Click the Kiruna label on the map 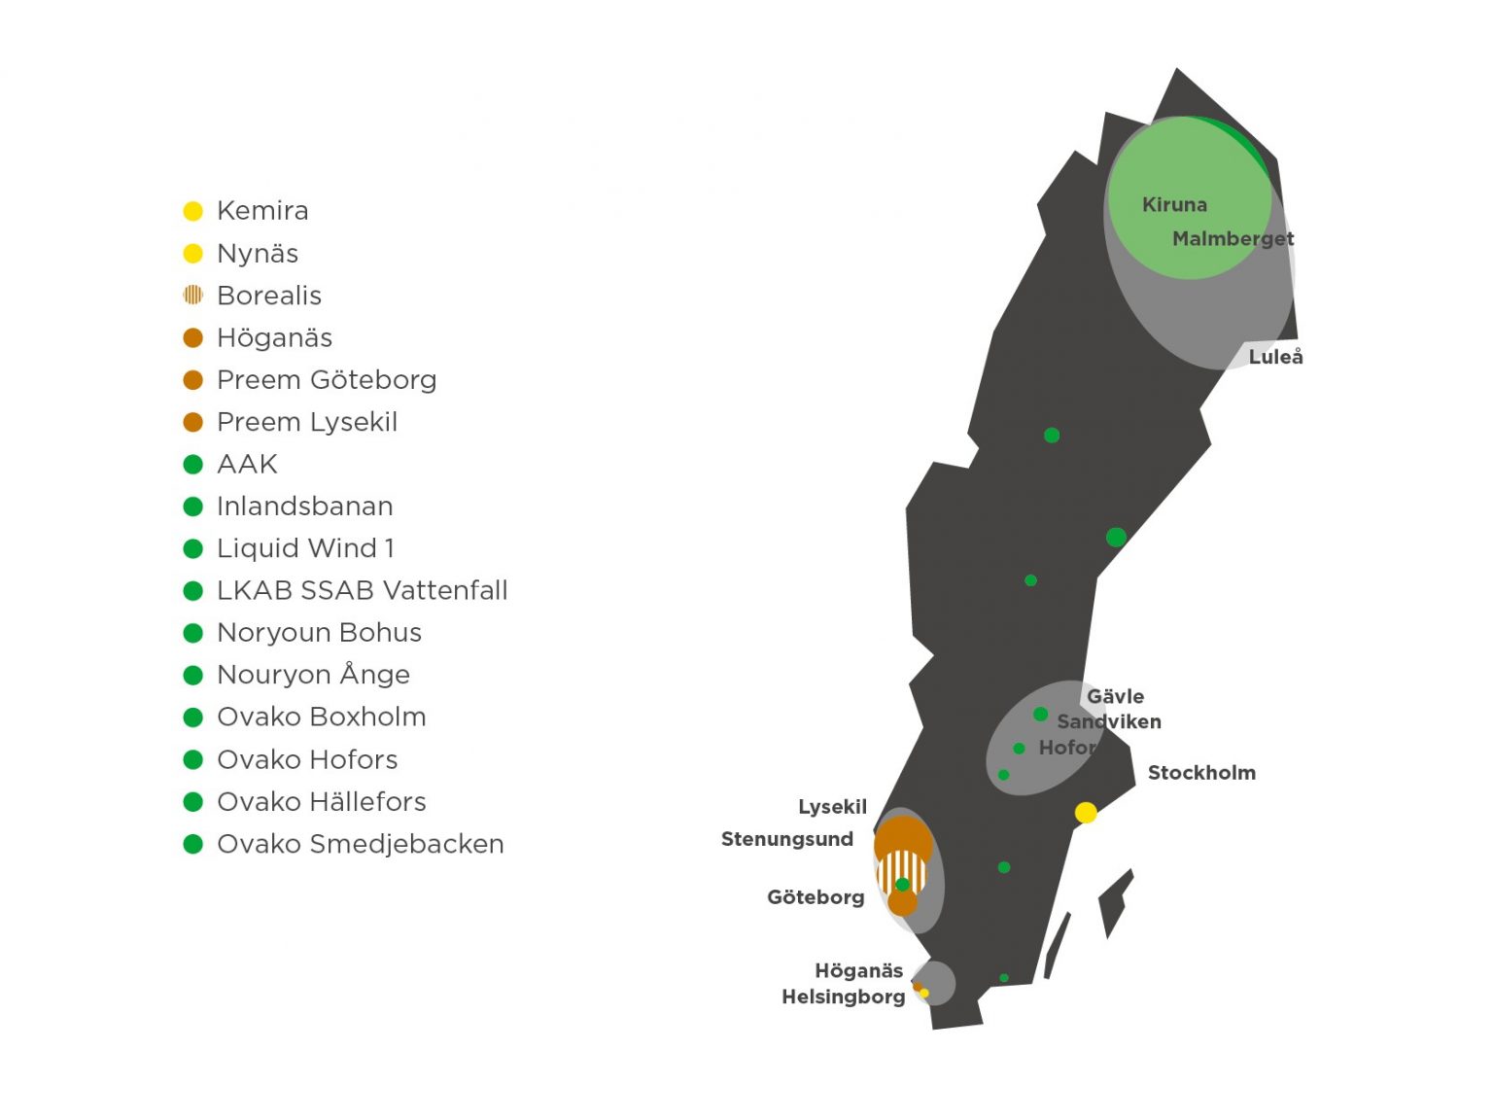pos(1174,205)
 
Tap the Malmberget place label pos(1233,239)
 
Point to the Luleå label pos(1275,357)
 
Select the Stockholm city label pos(1201,773)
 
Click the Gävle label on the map pos(1115,696)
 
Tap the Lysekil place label pos(832,807)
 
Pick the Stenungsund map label pos(787,839)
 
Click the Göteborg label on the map pos(816,897)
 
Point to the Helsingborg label pos(843,997)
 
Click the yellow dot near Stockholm pos(1086,813)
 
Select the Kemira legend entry pos(262,211)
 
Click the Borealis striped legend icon pos(193,295)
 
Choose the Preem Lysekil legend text pos(307,422)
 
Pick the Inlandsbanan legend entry pos(304,507)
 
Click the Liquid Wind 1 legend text pos(305,548)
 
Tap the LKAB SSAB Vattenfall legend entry pos(362,590)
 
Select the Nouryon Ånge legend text pos(313,675)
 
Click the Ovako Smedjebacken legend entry pos(360,844)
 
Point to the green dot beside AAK pos(193,465)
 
